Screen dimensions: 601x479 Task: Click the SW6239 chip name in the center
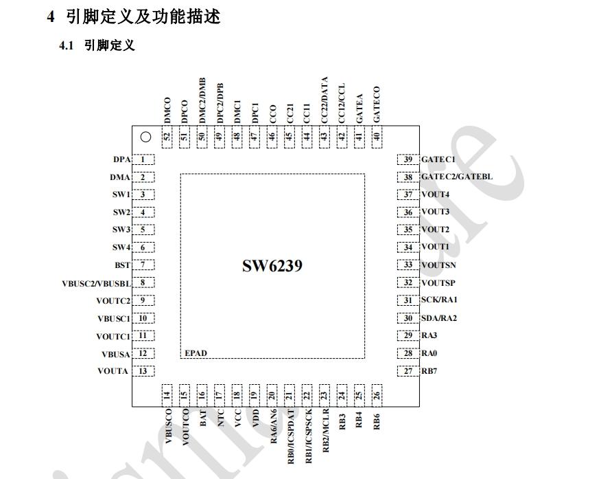272,266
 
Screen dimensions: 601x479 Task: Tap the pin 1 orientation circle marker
145,137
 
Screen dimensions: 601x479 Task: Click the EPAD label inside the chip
196,353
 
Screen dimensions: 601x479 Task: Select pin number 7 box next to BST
143,265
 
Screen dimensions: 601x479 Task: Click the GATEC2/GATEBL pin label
456,177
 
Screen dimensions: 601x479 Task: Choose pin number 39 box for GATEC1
408,160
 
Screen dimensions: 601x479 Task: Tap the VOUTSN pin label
438,265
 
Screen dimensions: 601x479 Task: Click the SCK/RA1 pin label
439,300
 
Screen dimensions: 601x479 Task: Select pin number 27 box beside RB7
408,371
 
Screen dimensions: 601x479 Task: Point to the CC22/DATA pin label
325,100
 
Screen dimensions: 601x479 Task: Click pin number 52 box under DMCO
167,137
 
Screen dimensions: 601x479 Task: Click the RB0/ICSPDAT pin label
290,434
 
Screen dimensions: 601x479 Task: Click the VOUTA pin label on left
113,371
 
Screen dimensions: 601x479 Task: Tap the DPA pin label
121,160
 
